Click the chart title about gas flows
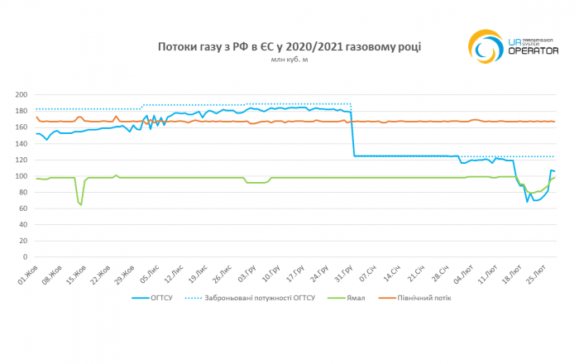click(289, 47)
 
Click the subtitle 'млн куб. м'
click(289, 60)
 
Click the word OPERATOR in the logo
click(529, 51)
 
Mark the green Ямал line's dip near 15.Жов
click(80, 204)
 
